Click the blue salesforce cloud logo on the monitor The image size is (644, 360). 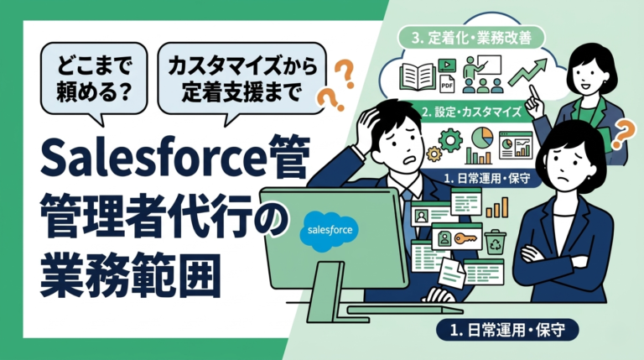click(330, 229)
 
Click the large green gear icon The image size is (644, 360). click(451, 139)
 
